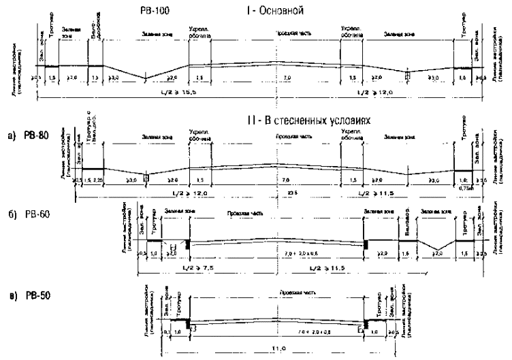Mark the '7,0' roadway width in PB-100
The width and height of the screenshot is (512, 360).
click(x=288, y=79)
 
